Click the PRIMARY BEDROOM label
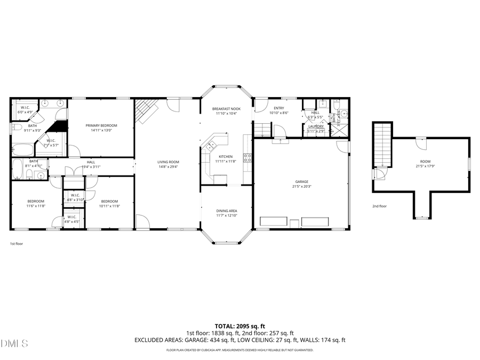101,125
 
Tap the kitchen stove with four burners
247,158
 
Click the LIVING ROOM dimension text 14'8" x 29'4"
167,167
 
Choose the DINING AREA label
226,211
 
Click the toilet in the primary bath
16,128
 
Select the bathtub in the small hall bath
18,169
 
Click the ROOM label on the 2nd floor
425,161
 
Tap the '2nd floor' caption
379,206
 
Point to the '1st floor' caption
17,243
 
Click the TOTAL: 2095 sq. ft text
239,325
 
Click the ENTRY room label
279,108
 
